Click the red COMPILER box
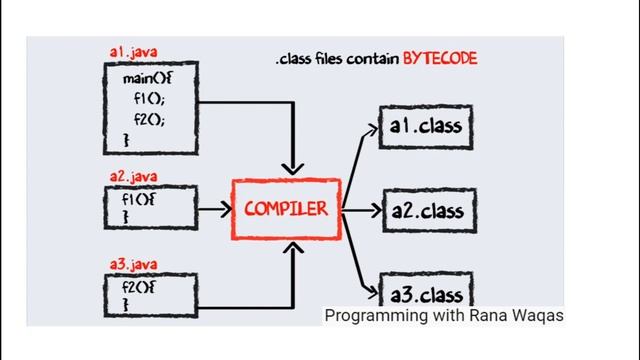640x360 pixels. click(286, 210)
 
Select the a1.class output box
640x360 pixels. click(426, 128)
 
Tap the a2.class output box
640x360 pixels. click(426, 211)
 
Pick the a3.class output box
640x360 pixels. click(426, 292)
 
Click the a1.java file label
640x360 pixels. click(133, 52)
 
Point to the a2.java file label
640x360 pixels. click(133, 176)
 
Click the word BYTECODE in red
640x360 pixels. click(440, 59)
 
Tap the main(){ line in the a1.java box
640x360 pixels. click(145, 78)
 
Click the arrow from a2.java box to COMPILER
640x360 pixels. click(210, 211)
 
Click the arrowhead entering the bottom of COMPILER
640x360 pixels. click(292, 249)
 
